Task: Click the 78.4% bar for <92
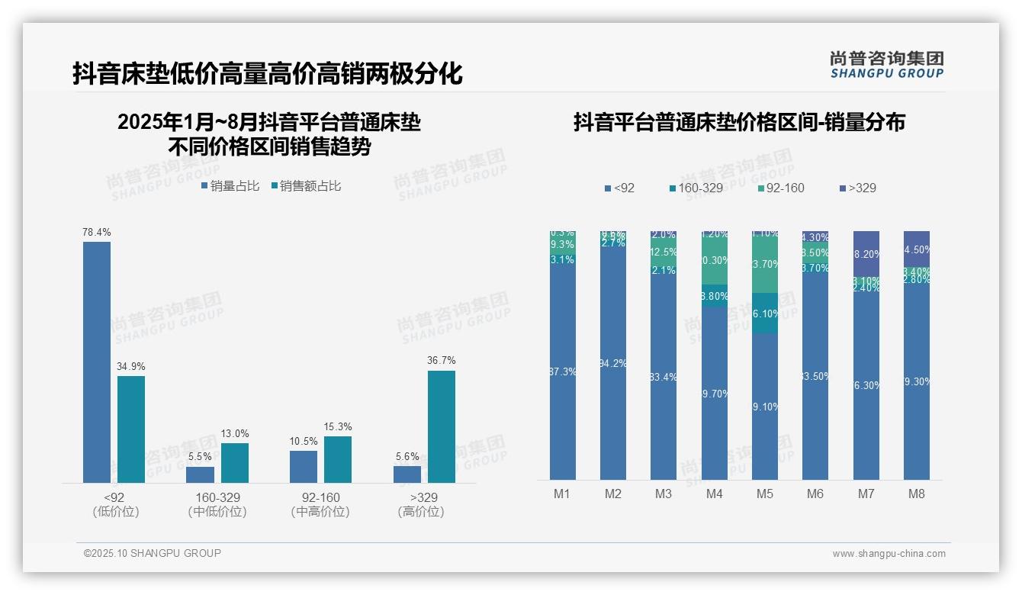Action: tap(97, 362)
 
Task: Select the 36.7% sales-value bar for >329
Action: tap(441, 426)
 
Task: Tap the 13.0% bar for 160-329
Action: tap(235, 462)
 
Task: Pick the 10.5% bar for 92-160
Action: tap(304, 466)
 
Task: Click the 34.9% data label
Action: tap(131, 367)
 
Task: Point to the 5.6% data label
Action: tap(407, 457)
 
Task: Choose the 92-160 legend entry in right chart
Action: tap(781, 188)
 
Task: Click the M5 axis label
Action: tap(765, 494)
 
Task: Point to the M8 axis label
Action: tap(917, 494)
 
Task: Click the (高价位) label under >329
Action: tap(421, 512)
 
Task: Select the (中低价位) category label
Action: tap(217, 512)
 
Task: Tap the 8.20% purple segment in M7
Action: tap(866, 254)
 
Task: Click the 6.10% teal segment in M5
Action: tap(765, 314)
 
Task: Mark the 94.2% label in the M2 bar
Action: tap(613, 364)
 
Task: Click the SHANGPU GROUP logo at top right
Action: tap(886, 65)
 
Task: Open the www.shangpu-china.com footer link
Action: tap(889, 554)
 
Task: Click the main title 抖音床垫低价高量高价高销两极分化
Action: tap(268, 74)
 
